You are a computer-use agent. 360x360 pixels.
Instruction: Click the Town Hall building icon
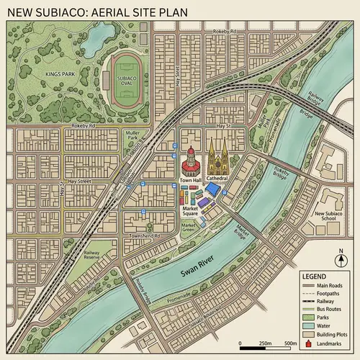[x=190, y=161]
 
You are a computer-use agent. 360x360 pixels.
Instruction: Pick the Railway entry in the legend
[x=325, y=300]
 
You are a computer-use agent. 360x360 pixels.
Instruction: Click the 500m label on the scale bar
[x=292, y=342]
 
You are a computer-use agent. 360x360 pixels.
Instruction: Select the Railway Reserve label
[x=91, y=256]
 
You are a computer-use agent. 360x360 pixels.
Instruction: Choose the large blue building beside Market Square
[x=212, y=189]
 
